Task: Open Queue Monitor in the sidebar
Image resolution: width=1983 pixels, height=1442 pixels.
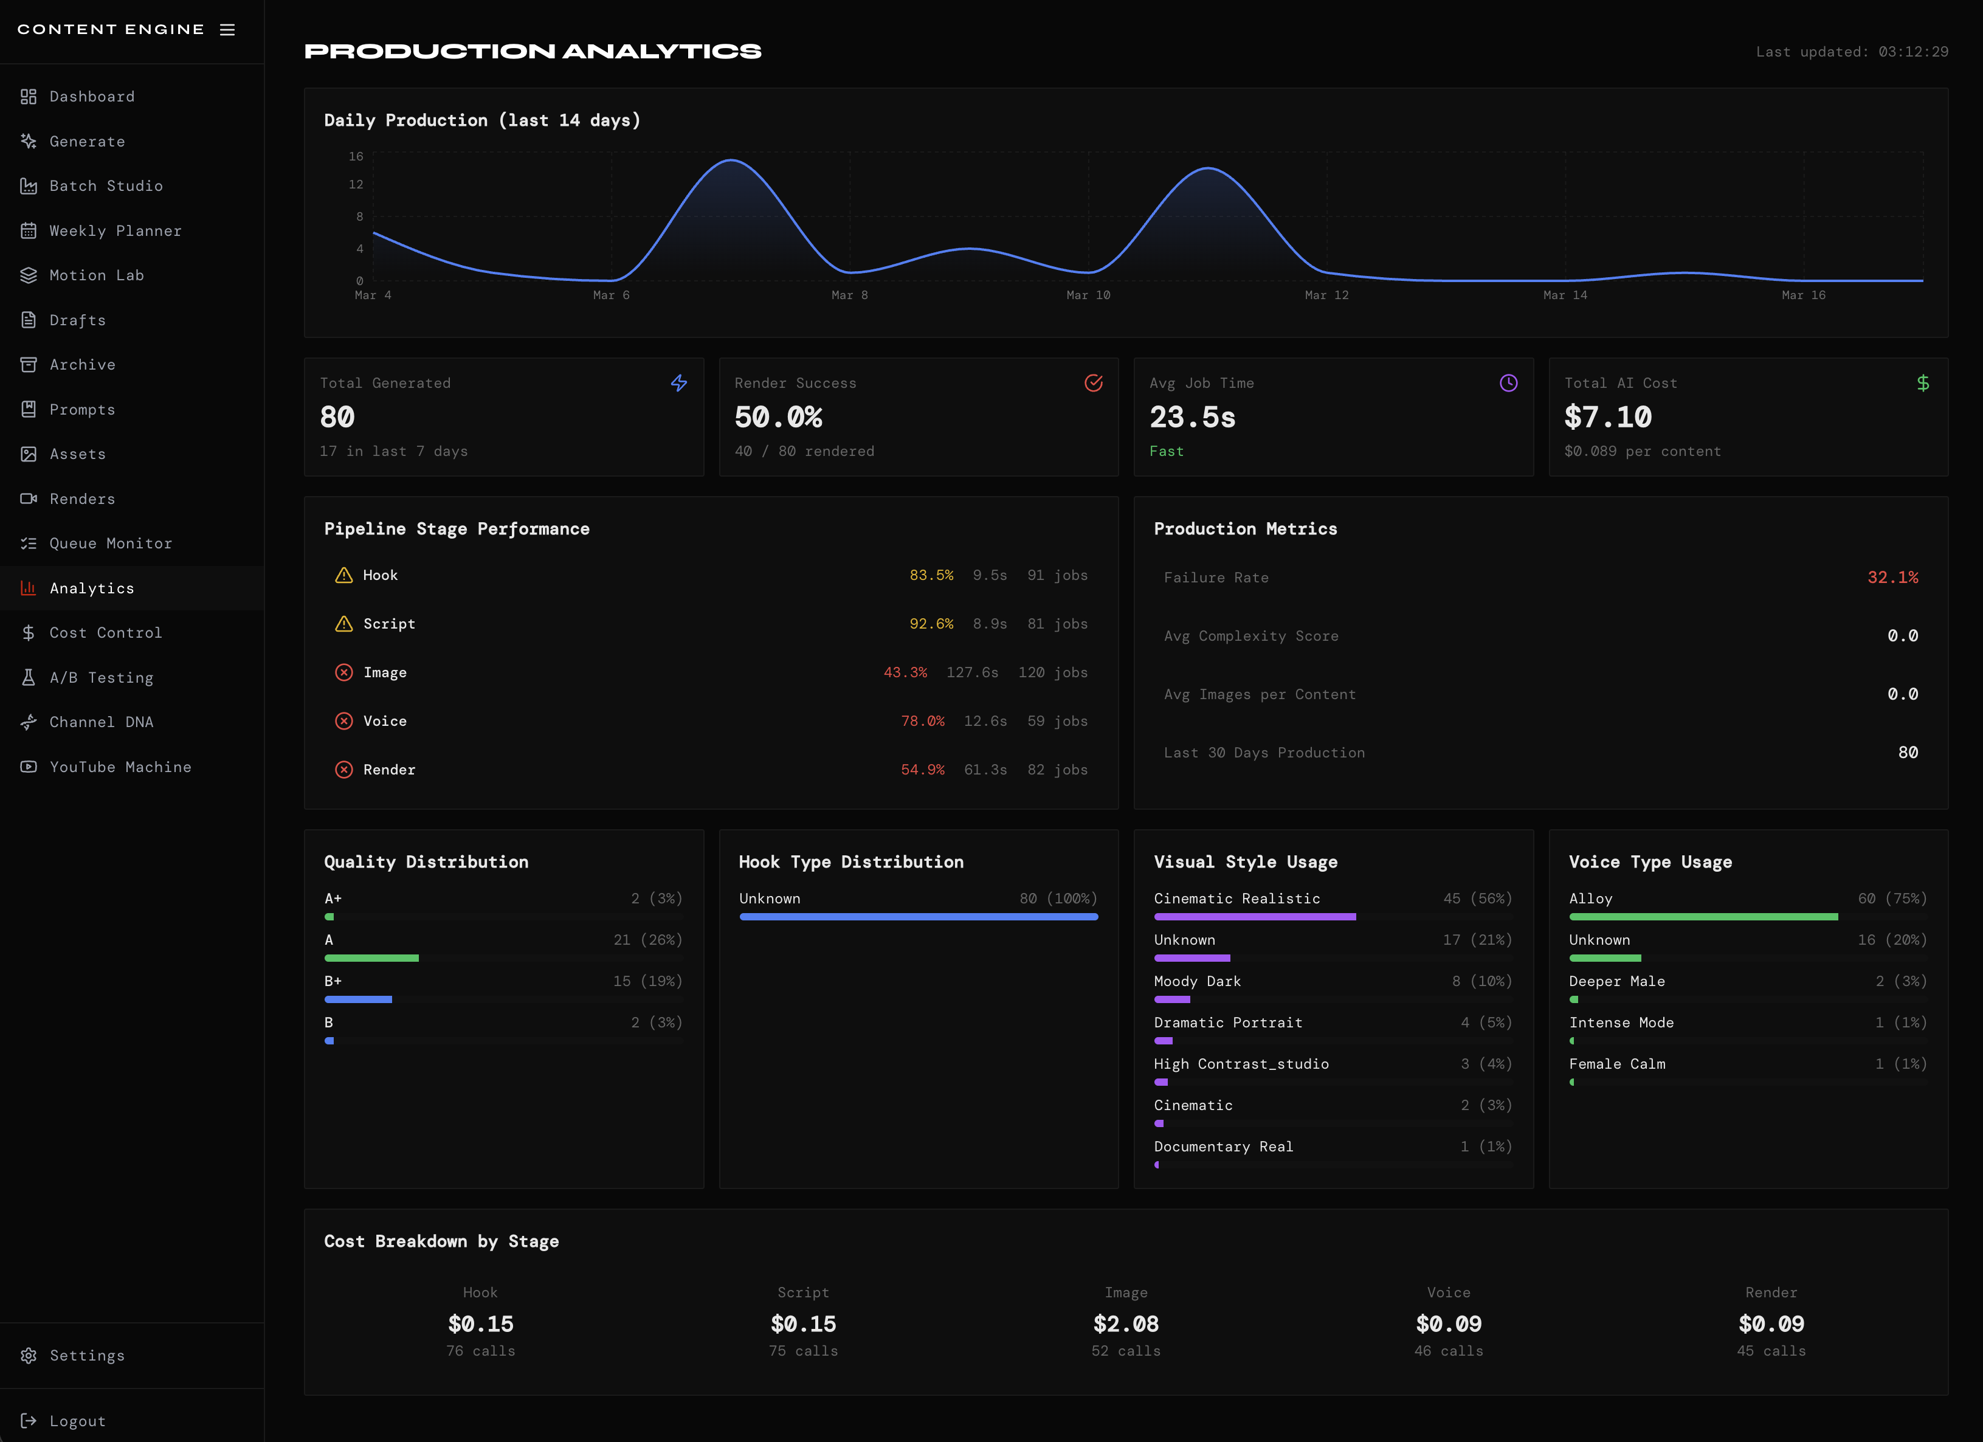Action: [110, 543]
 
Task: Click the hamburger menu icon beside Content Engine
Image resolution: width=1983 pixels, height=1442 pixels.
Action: [227, 30]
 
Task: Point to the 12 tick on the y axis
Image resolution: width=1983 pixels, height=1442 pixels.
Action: [356, 185]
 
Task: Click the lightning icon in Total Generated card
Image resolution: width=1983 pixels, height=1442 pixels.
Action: [678, 383]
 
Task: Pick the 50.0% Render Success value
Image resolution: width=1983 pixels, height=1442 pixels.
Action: [778, 417]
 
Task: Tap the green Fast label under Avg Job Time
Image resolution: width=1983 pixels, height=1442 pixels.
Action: [1167, 451]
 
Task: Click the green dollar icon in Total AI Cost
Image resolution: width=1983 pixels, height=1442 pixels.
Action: [1923, 383]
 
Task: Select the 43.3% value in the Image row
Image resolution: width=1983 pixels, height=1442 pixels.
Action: [905, 672]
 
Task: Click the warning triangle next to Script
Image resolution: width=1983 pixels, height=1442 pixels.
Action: [343, 624]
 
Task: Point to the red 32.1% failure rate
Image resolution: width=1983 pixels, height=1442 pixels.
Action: [1892, 577]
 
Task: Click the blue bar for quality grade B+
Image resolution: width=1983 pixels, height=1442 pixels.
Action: [359, 999]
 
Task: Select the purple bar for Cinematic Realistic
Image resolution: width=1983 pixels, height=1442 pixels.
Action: [1255, 916]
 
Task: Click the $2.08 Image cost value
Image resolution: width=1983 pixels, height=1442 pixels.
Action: [1125, 1324]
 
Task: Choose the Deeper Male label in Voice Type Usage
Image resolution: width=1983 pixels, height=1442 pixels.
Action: [1616, 981]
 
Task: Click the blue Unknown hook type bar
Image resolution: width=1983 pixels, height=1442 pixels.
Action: [918, 916]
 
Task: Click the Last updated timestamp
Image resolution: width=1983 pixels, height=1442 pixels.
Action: [1851, 52]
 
